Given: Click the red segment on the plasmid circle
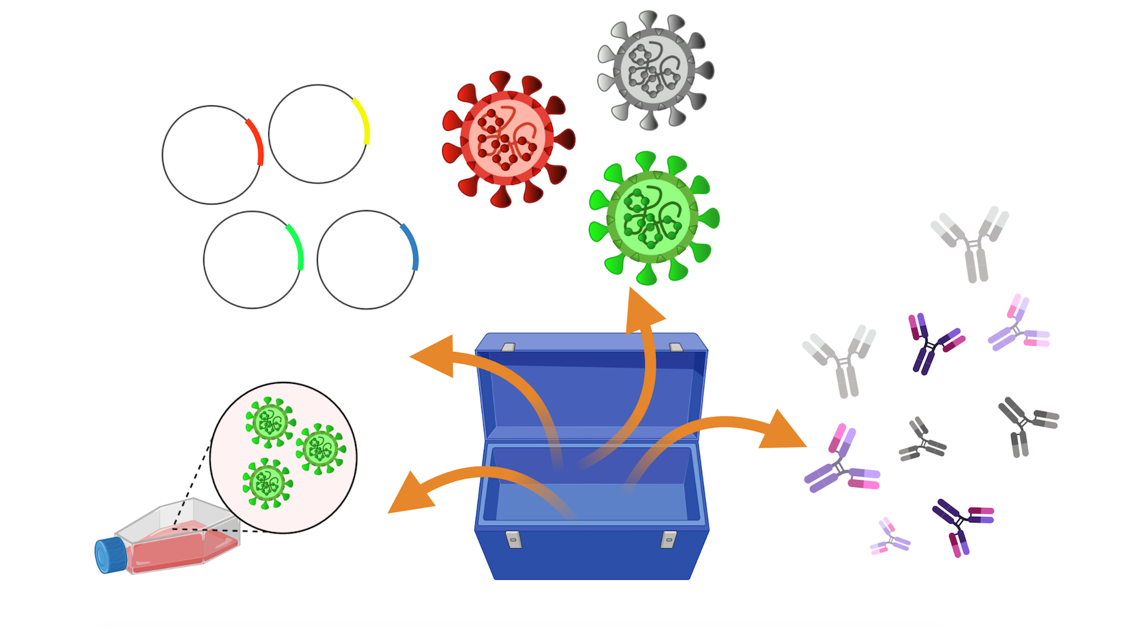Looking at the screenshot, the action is tap(256, 142).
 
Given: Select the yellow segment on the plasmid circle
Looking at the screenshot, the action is tap(362, 121).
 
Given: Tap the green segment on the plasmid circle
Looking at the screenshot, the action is tap(296, 246).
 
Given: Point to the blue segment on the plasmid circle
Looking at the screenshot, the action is tap(410, 246).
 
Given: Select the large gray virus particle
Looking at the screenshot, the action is tap(655, 69).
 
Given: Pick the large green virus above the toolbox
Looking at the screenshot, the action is tap(653, 218).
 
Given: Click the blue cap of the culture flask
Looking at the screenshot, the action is tap(109, 556).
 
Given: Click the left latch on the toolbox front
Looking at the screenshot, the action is tap(513, 539).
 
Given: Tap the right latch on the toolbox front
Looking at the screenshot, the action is tap(668, 539).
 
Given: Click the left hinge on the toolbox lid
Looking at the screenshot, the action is tap(508, 347).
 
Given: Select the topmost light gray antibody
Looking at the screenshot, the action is tap(971, 242).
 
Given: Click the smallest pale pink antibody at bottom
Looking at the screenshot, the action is tap(889, 537).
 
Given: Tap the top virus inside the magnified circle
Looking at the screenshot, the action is tap(270, 421).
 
